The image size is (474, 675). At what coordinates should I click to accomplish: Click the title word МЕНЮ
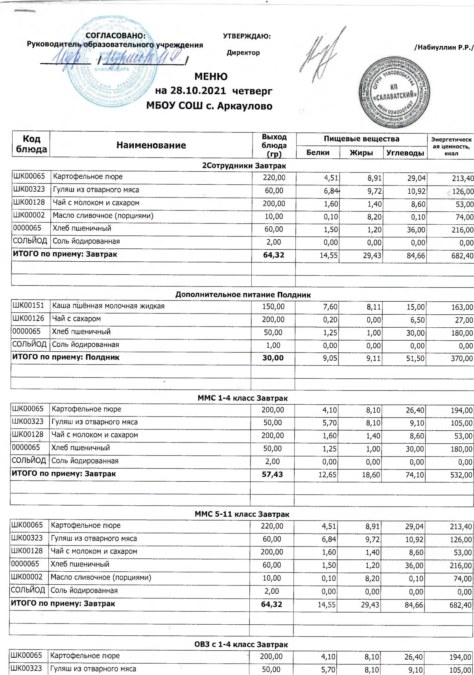211,76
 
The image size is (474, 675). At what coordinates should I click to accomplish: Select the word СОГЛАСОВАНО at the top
116,36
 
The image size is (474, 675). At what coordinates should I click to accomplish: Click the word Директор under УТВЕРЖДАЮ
243,53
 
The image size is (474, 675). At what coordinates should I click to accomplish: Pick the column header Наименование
151,145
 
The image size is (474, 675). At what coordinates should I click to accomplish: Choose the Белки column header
317,152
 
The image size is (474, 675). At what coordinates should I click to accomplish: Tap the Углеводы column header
405,153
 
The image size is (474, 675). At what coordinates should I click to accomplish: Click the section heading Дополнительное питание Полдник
243,295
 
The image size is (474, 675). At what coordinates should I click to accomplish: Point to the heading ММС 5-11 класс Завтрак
242,514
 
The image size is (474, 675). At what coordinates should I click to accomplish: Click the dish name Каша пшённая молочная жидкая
108,306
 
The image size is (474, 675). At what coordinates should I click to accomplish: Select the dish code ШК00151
28,305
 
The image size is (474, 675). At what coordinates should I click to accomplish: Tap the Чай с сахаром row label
76,319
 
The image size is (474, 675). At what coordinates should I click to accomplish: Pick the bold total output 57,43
272,474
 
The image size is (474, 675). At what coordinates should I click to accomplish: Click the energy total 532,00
461,475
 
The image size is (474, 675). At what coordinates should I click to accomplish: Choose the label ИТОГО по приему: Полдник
66,357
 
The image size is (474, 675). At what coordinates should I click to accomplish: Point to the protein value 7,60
330,307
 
